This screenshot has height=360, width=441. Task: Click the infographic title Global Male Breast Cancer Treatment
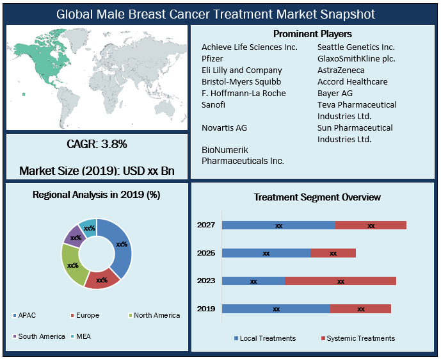pyautogui.click(x=216, y=13)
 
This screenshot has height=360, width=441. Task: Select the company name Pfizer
pyautogui.click(x=213, y=58)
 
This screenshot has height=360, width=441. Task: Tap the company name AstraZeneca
pyautogui.click(x=341, y=70)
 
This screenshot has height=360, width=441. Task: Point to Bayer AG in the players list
pyautogui.click(x=335, y=93)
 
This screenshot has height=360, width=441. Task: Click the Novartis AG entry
pyautogui.click(x=224, y=127)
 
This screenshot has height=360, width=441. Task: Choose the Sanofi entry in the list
pyautogui.click(x=213, y=104)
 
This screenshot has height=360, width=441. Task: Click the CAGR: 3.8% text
pyautogui.click(x=97, y=145)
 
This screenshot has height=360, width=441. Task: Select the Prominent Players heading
pyautogui.click(x=312, y=33)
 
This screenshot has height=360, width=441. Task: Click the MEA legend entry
pyautogui.click(x=82, y=336)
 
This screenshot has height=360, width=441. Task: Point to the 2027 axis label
pyautogui.click(x=205, y=225)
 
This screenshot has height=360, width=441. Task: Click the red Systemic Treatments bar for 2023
pyautogui.click(x=340, y=281)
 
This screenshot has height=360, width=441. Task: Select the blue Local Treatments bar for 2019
pyautogui.click(x=276, y=309)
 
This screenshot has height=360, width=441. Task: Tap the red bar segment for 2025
pyautogui.click(x=333, y=253)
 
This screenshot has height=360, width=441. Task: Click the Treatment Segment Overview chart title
pyautogui.click(x=317, y=197)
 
